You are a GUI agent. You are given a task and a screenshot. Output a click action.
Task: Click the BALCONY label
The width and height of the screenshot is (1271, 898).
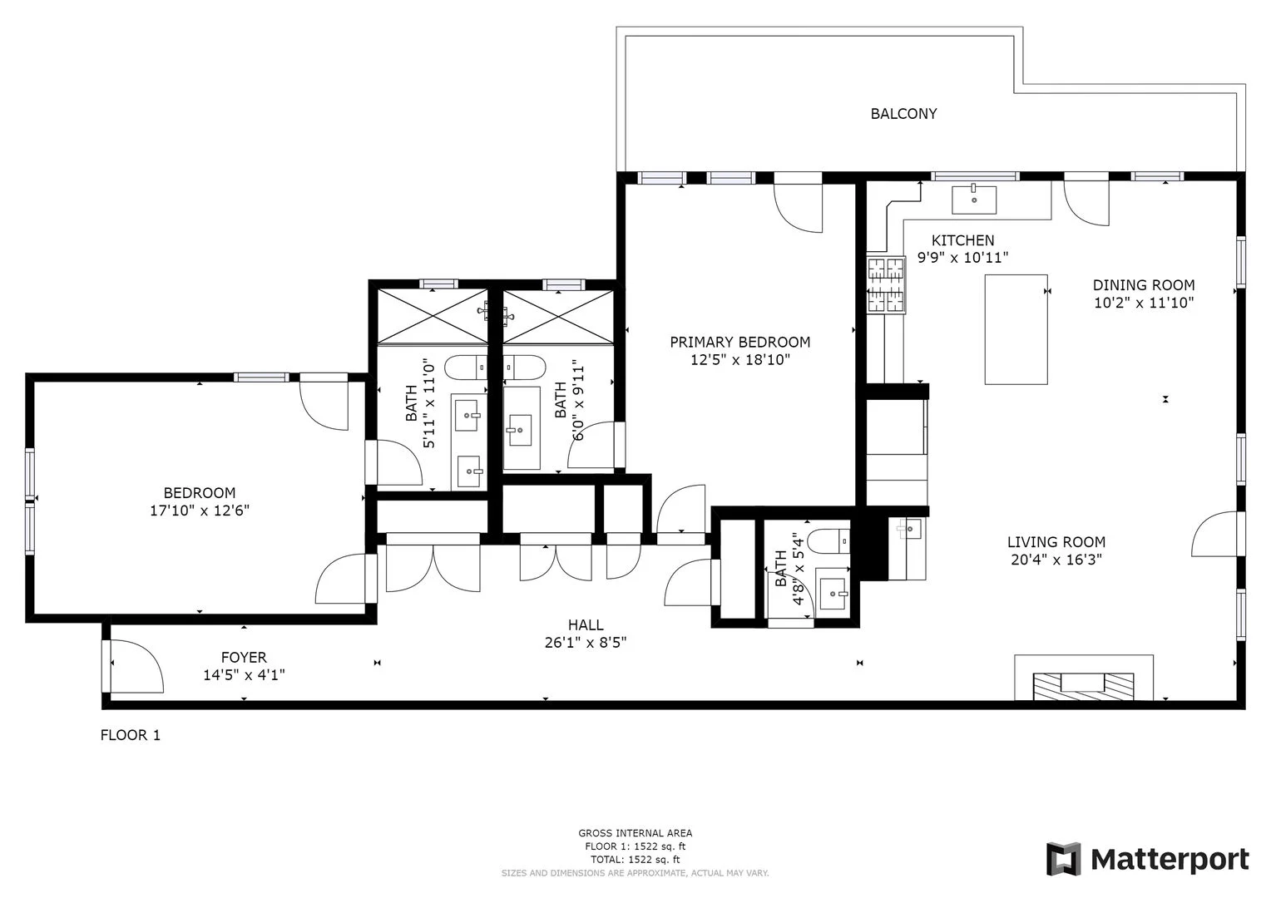pos(903,114)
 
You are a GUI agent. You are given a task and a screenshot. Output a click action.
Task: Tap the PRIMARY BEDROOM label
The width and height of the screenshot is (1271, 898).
pos(739,342)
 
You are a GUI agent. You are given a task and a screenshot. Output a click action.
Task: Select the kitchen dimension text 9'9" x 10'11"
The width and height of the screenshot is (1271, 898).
pos(962,258)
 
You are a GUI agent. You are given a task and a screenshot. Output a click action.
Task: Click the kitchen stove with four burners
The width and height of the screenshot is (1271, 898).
pos(886,285)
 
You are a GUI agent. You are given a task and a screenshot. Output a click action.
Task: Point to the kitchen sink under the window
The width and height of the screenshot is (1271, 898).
pos(973,198)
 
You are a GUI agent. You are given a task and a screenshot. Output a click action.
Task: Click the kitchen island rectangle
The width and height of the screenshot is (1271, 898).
pos(1016,329)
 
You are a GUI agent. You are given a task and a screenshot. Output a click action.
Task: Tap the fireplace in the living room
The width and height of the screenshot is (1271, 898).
pos(1084,683)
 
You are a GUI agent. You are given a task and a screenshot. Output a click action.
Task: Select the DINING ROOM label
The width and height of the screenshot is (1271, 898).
pos(1143,285)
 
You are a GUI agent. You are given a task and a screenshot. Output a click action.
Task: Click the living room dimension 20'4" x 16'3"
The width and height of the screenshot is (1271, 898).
pos(1056,560)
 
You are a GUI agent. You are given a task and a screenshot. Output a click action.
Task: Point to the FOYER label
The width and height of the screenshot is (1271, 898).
pos(244,657)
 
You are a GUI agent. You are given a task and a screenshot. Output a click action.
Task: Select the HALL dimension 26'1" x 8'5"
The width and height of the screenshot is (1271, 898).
pos(586,642)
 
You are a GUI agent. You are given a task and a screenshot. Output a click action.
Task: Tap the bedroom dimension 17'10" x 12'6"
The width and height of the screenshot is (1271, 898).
pos(199,510)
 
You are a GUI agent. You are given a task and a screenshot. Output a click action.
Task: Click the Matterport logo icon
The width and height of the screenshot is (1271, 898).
pos(1063,859)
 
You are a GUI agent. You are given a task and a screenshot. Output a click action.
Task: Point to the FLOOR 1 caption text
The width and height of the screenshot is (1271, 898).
pos(130,735)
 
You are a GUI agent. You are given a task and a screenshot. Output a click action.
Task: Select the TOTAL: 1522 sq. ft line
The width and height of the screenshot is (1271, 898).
pos(635,859)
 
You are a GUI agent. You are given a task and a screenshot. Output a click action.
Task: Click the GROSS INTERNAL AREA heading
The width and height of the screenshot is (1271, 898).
pos(635,833)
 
